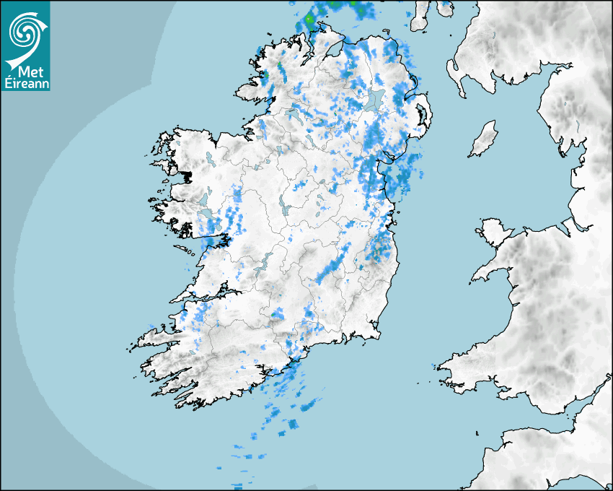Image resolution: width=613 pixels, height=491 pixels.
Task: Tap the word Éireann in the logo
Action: pyautogui.click(x=25, y=83)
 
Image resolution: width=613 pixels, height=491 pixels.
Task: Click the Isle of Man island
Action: pyautogui.click(x=484, y=139)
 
